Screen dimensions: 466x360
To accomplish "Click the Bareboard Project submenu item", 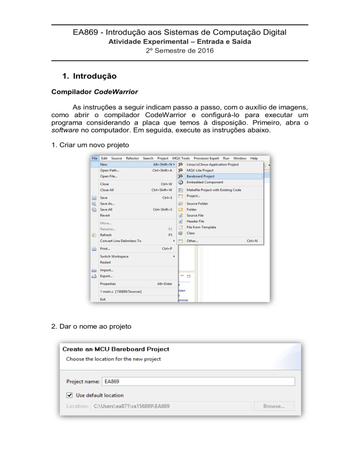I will [200, 176].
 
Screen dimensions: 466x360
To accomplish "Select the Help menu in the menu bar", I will [254, 158].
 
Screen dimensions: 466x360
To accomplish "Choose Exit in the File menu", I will [103, 299].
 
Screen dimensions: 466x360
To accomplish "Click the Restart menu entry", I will [105, 263].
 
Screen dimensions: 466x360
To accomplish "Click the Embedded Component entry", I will [204, 182].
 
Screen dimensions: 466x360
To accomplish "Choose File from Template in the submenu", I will [201, 227].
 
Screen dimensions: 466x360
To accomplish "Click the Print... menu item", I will [106, 248].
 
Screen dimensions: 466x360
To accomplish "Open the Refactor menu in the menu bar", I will [132, 158].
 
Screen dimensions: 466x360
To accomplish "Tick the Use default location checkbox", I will [70, 395].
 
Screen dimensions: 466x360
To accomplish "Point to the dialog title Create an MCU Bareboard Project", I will [114, 349].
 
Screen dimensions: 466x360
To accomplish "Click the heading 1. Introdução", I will [90, 75].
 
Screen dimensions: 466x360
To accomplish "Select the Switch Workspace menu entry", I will [114, 256].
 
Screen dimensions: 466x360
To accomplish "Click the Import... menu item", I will [106, 270].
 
